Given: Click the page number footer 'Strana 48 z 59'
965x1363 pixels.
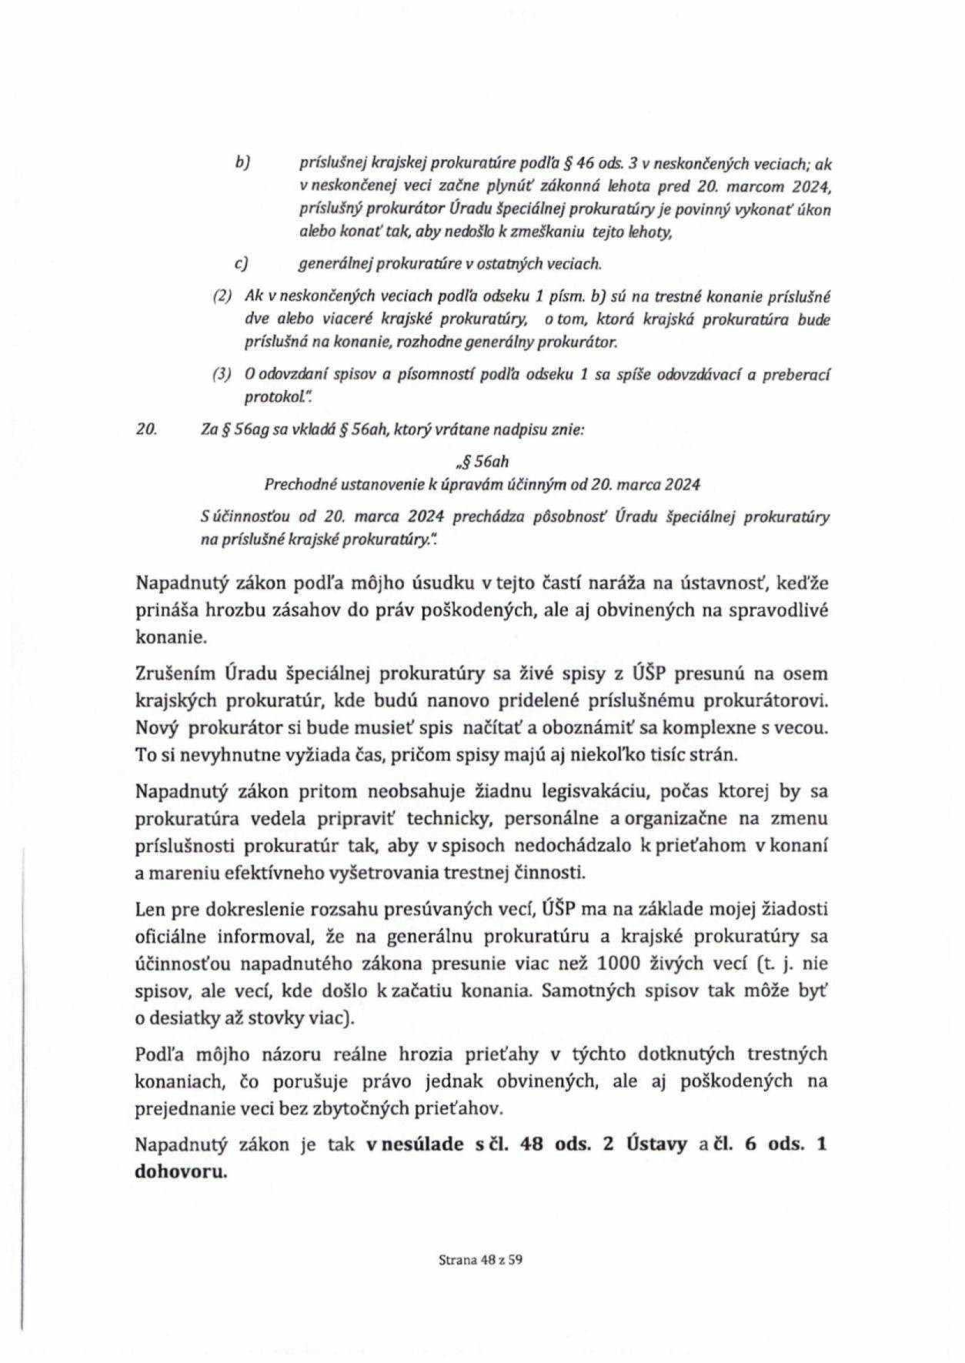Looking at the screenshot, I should pos(481,1260).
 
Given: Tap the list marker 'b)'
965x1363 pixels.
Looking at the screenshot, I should pos(244,163).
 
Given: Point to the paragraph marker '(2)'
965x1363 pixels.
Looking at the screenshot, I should pos(222,296).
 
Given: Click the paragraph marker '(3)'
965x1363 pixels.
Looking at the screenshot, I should pos(222,375).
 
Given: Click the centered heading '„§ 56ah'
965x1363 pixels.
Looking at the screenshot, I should pos(482,462).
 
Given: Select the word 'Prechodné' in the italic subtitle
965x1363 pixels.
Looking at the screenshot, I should pos(294,484).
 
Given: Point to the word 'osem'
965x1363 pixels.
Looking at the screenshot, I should pos(806,673).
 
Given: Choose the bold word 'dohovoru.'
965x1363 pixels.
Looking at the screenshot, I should pos(181,1172).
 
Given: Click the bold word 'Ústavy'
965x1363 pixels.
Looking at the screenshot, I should pos(656,1144).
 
